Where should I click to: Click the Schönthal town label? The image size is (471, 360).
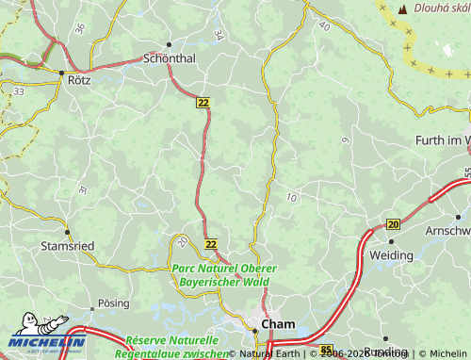point(170,57)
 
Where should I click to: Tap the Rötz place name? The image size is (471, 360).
point(79,81)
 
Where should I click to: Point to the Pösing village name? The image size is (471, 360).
point(115,304)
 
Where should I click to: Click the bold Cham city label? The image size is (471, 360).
point(278,323)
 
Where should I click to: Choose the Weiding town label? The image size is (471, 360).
point(391,255)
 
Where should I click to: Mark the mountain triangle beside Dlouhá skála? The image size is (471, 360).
point(402,9)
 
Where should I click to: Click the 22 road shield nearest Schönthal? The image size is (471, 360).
point(203,102)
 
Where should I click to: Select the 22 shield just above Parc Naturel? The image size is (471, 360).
point(211,243)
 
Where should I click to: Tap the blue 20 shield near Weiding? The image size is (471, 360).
point(393,223)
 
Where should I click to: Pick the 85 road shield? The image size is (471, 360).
point(326,350)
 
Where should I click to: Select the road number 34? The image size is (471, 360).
point(219,35)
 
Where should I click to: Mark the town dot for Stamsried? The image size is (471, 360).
point(67,231)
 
